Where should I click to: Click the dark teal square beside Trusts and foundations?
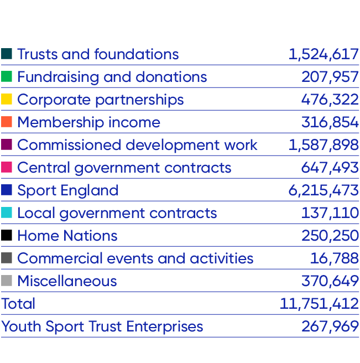point(7,54)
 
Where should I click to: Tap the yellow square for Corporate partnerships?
point(7,99)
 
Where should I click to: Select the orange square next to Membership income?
point(7,122)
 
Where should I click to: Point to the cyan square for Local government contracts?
point(7,212)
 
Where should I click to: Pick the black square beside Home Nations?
point(7,235)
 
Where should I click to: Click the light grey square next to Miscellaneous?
point(7,281)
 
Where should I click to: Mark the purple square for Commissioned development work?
point(7,144)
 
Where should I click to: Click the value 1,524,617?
point(324,54)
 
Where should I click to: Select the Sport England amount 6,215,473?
point(324,190)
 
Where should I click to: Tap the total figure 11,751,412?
point(320,304)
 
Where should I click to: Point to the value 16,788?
point(335,258)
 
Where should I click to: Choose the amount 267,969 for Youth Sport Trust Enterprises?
point(330,326)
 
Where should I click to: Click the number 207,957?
point(330,77)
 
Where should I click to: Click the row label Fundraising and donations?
point(112,77)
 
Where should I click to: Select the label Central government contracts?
point(124,168)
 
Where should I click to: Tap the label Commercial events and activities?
point(135,258)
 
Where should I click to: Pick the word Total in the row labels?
point(18,304)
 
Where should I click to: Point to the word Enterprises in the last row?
point(165,326)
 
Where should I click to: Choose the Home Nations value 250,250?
point(330,236)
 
